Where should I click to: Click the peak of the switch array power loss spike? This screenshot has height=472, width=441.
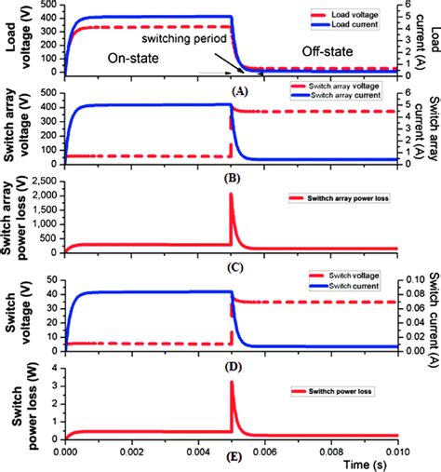coord(231,195)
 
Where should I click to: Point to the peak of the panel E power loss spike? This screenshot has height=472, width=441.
coord(231,383)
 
